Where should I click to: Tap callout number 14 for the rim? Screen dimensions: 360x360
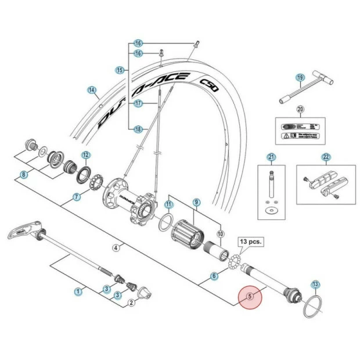(x=92, y=90)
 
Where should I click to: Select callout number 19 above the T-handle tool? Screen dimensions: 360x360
(x=300, y=77)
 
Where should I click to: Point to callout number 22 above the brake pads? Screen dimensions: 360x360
(x=326, y=157)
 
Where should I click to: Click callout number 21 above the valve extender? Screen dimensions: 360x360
(x=271, y=157)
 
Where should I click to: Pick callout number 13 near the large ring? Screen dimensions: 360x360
(x=315, y=284)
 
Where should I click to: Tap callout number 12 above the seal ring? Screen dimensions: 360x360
(x=86, y=155)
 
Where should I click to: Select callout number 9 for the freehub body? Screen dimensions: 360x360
(x=196, y=203)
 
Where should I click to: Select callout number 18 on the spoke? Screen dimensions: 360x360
(x=138, y=129)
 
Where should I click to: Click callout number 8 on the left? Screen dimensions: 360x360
(x=24, y=174)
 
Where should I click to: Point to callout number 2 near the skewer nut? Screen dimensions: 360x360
(x=132, y=303)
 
